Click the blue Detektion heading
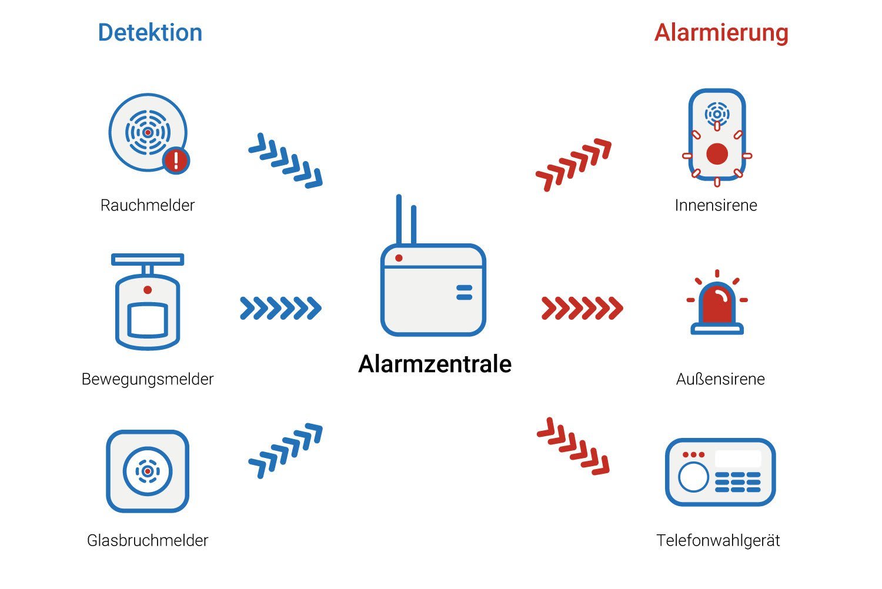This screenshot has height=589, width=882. (x=150, y=32)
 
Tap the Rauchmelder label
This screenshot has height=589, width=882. (x=148, y=205)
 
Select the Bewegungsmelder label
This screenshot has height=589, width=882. (x=148, y=379)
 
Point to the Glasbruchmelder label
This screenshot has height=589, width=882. (x=148, y=541)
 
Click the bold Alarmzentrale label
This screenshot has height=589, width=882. (x=435, y=364)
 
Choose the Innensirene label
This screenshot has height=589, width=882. (x=716, y=205)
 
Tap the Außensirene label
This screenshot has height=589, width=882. (x=720, y=379)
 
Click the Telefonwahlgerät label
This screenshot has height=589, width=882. (x=718, y=541)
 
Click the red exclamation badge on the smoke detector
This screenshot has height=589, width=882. (x=176, y=160)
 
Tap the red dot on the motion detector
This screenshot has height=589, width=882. (x=148, y=290)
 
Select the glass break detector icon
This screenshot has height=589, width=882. (x=148, y=471)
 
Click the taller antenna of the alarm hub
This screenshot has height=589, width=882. (x=399, y=220)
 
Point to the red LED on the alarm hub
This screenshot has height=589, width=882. (x=399, y=258)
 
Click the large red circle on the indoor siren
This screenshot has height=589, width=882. (x=717, y=153)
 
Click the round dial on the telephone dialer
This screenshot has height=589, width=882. (x=693, y=477)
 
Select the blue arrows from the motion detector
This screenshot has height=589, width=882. (x=280, y=308)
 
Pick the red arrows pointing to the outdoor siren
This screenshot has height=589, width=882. (x=582, y=308)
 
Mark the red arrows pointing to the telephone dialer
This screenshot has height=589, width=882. (x=573, y=446)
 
